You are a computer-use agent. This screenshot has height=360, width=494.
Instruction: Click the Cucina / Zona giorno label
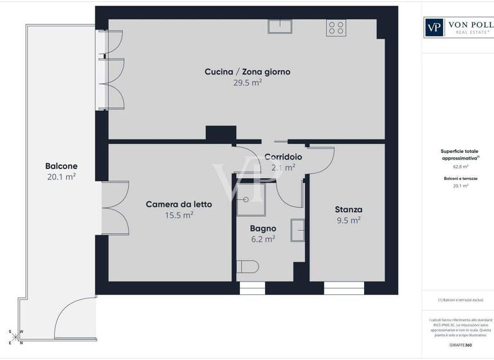point(247,72)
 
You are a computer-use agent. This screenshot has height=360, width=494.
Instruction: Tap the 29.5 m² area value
point(247,83)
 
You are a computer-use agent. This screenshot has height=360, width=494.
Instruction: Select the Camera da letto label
point(179,204)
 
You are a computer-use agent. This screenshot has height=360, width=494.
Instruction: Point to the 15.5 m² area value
point(179,215)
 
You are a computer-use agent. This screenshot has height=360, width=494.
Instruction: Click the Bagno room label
point(262,228)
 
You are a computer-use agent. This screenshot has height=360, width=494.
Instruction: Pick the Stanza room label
point(348,210)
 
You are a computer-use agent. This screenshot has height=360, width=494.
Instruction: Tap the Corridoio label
point(283,156)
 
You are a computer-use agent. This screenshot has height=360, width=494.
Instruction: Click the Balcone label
point(62,165)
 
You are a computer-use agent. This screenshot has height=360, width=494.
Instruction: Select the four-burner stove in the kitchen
point(336,27)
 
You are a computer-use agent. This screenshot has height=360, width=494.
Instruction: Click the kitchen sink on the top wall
point(280,26)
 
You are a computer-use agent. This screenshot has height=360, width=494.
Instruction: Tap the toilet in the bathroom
point(247,267)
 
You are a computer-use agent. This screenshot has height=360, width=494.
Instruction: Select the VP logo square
point(434,26)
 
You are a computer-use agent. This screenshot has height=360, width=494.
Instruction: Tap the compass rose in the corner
point(15,337)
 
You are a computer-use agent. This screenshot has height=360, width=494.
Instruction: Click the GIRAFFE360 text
point(460,345)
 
